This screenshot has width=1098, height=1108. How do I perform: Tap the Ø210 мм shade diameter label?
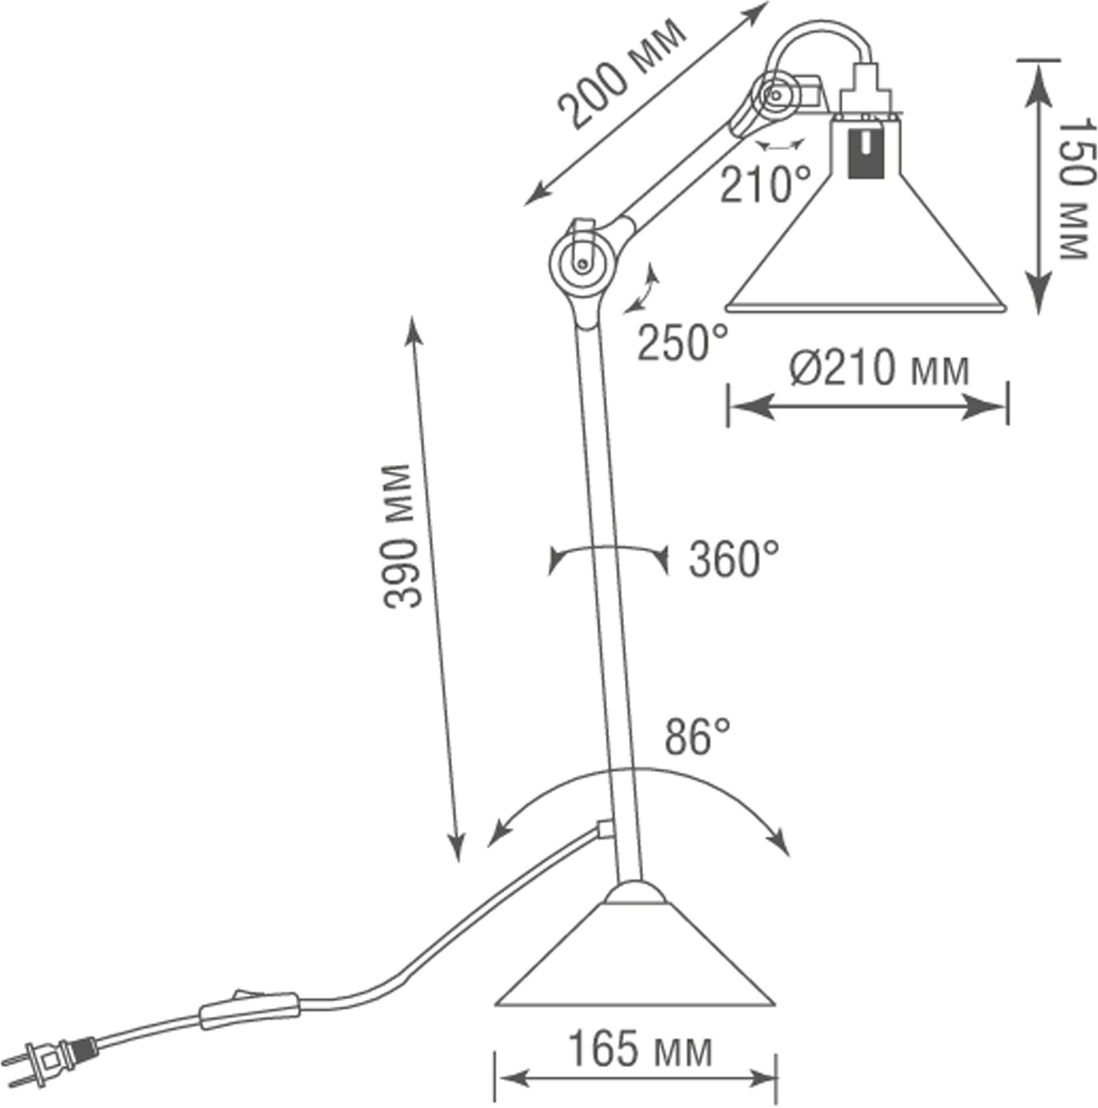pyautogui.click(x=879, y=367)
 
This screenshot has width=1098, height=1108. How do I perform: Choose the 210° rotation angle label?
pyautogui.click(x=764, y=184)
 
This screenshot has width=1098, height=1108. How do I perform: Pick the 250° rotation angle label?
pyautogui.click(x=682, y=342)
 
